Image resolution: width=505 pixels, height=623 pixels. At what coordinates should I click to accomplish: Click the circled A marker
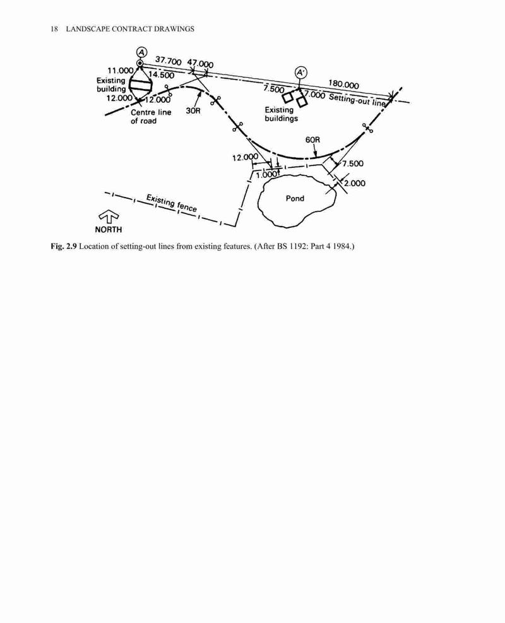coord(142,52)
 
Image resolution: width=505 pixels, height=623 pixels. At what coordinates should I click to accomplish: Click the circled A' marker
coord(300,73)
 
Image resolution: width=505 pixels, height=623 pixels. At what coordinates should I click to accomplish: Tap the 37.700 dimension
coord(168,61)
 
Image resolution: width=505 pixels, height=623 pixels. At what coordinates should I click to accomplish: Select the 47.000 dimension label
coord(200,64)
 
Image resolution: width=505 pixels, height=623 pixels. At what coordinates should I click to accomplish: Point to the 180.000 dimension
coord(343,84)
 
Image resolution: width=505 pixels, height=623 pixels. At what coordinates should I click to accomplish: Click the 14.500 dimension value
coord(162,74)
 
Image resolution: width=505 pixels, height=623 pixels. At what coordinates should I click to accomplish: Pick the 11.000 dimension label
coord(121,70)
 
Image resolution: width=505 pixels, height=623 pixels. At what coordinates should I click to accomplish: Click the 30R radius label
coord(193,110)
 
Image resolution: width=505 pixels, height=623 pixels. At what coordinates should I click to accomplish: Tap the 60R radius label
coord(312,140)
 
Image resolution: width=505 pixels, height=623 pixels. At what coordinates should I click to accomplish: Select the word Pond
coord(295,198)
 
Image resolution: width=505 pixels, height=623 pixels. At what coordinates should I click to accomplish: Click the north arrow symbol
coord(109,217)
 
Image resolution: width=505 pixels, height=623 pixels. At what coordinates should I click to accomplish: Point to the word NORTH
coord(109,229)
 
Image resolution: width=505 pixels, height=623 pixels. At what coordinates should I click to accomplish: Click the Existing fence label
coord(171,203)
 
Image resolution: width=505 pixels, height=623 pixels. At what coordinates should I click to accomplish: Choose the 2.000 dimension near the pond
coord(355,183)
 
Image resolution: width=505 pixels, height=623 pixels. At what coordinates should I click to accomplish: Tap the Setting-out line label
coord(357,99)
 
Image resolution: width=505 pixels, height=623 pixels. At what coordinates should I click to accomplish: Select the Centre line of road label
coord(151,116)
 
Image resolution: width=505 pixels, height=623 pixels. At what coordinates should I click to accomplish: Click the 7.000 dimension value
coord(315,95)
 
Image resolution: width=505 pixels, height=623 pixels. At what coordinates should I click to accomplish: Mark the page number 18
coord(54,28)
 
